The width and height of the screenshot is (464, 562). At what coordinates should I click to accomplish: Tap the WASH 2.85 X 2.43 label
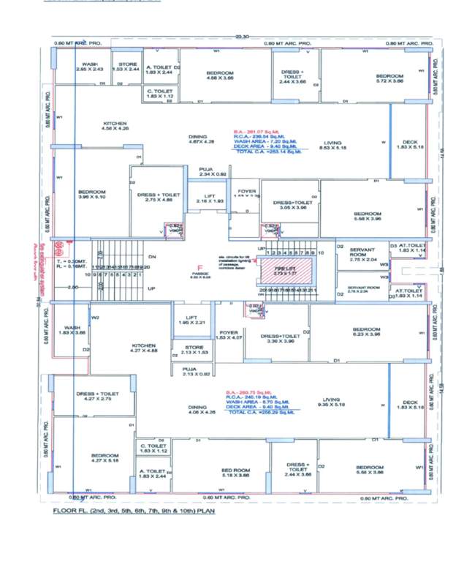90,67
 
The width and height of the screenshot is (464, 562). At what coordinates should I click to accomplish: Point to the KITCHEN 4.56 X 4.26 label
115,126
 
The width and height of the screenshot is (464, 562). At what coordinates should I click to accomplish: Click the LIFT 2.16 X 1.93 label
210,199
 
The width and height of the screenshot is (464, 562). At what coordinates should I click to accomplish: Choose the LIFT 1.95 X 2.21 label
188,320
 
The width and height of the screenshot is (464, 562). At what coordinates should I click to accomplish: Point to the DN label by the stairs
151,257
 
